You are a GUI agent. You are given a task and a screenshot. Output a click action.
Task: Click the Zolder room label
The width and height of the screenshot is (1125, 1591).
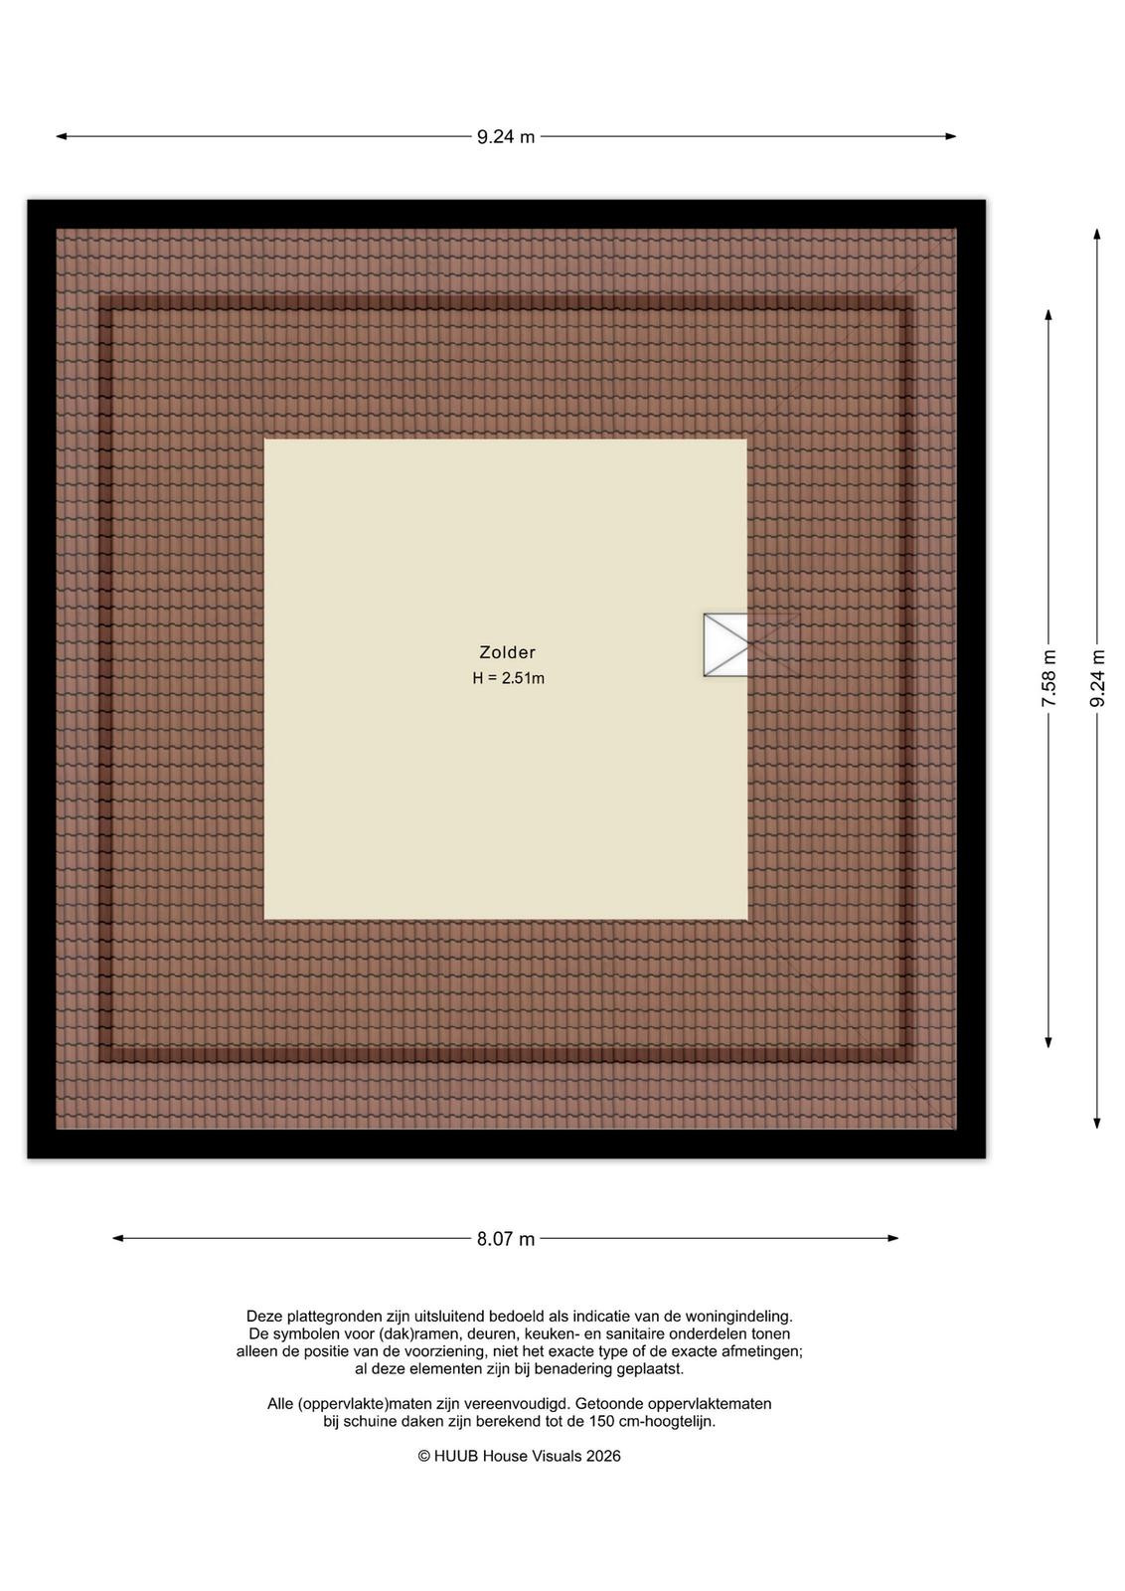click(x=507, y=652)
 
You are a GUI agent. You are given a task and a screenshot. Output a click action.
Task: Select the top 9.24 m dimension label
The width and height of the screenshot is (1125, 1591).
click(x=506, y=137)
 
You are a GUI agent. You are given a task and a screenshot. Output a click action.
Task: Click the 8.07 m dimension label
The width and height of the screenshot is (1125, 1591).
click(x=506, y=1239)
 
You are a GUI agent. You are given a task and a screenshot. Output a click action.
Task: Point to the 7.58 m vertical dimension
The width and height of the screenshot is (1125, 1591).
click(x=1049, y=678)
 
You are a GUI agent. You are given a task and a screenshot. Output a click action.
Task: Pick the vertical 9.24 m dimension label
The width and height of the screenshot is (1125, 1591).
click(x=1097, y=678)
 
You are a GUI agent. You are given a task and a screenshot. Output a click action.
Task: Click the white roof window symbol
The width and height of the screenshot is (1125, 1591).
click(x=725, y=645)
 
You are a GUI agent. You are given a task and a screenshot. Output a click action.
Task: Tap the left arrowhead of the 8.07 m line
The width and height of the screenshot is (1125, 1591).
click(x=118, y=1239)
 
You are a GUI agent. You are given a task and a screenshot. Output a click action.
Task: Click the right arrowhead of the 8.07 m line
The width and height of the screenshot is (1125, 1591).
click(x=893, y=1239)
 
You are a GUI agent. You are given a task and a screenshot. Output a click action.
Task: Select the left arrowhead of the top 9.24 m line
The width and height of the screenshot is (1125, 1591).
click(x=62, y=136)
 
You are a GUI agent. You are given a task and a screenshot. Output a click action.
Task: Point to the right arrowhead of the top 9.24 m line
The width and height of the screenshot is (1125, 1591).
click(x=951, y=136)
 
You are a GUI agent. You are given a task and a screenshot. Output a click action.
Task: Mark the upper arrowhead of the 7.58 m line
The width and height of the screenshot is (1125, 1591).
click(x=1048, y=314)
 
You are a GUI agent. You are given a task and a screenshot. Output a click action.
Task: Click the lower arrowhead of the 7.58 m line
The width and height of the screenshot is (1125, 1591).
click(x=1048, y=1042)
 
